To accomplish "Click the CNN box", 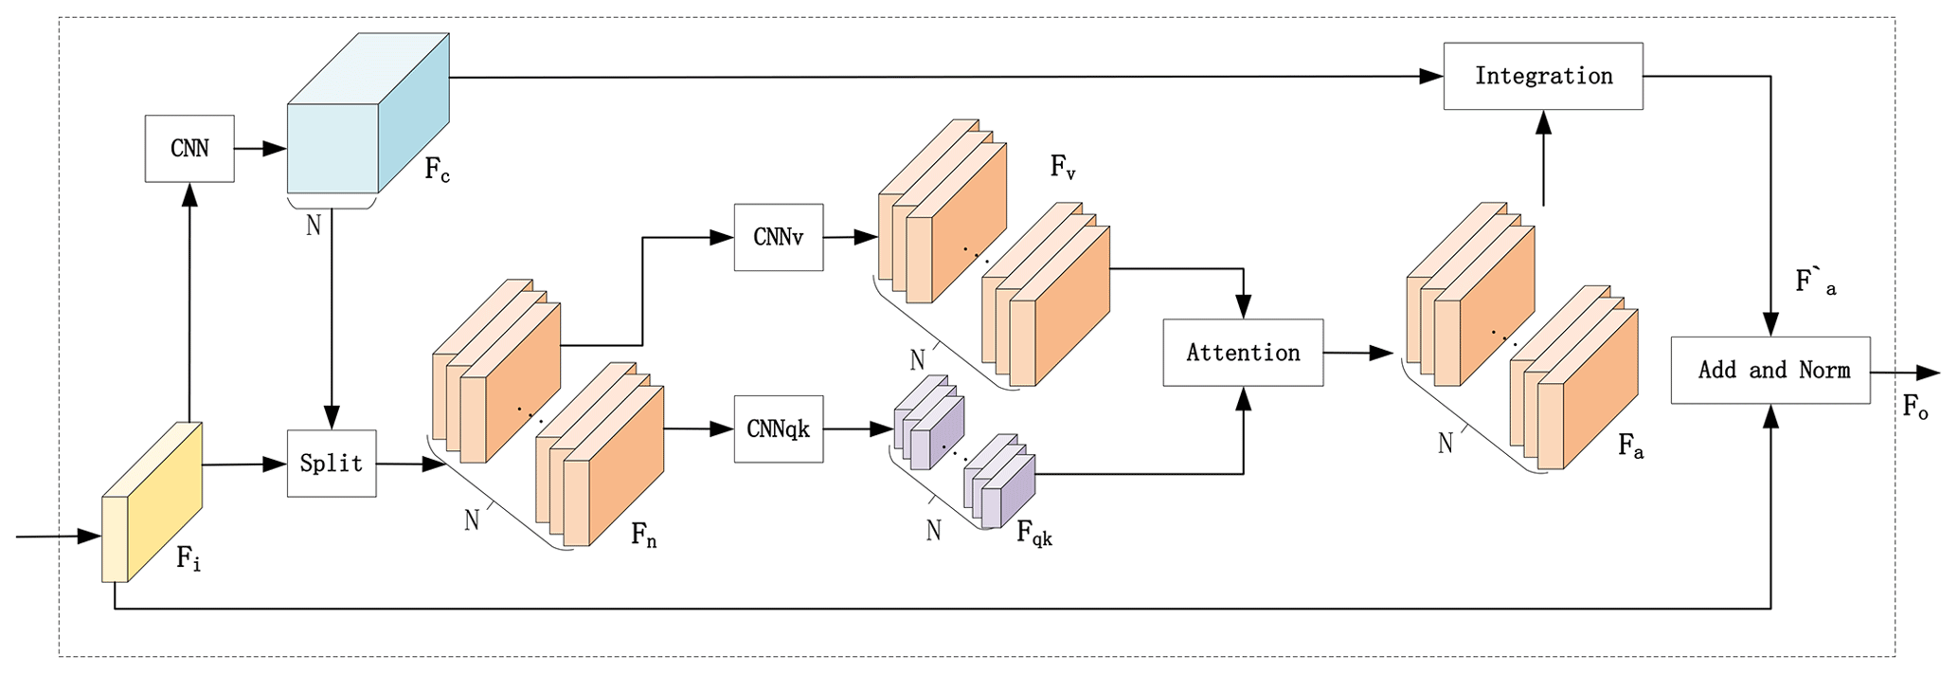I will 189,149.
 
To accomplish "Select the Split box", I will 332,464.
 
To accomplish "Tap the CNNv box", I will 778,237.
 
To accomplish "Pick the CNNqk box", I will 778,429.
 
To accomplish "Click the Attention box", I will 1243,353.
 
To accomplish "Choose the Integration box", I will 1543,76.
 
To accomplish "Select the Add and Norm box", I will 1769,370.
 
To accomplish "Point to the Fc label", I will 437,171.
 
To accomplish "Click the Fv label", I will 1063,168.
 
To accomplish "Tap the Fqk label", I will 1033,534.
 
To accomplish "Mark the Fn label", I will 644,537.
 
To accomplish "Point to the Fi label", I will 189,559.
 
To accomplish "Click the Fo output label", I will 1915,408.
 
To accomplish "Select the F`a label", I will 1815,282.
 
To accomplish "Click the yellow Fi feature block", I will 152,502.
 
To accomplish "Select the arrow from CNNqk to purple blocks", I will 858,429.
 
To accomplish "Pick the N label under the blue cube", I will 314,226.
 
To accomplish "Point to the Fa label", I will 1630,446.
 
